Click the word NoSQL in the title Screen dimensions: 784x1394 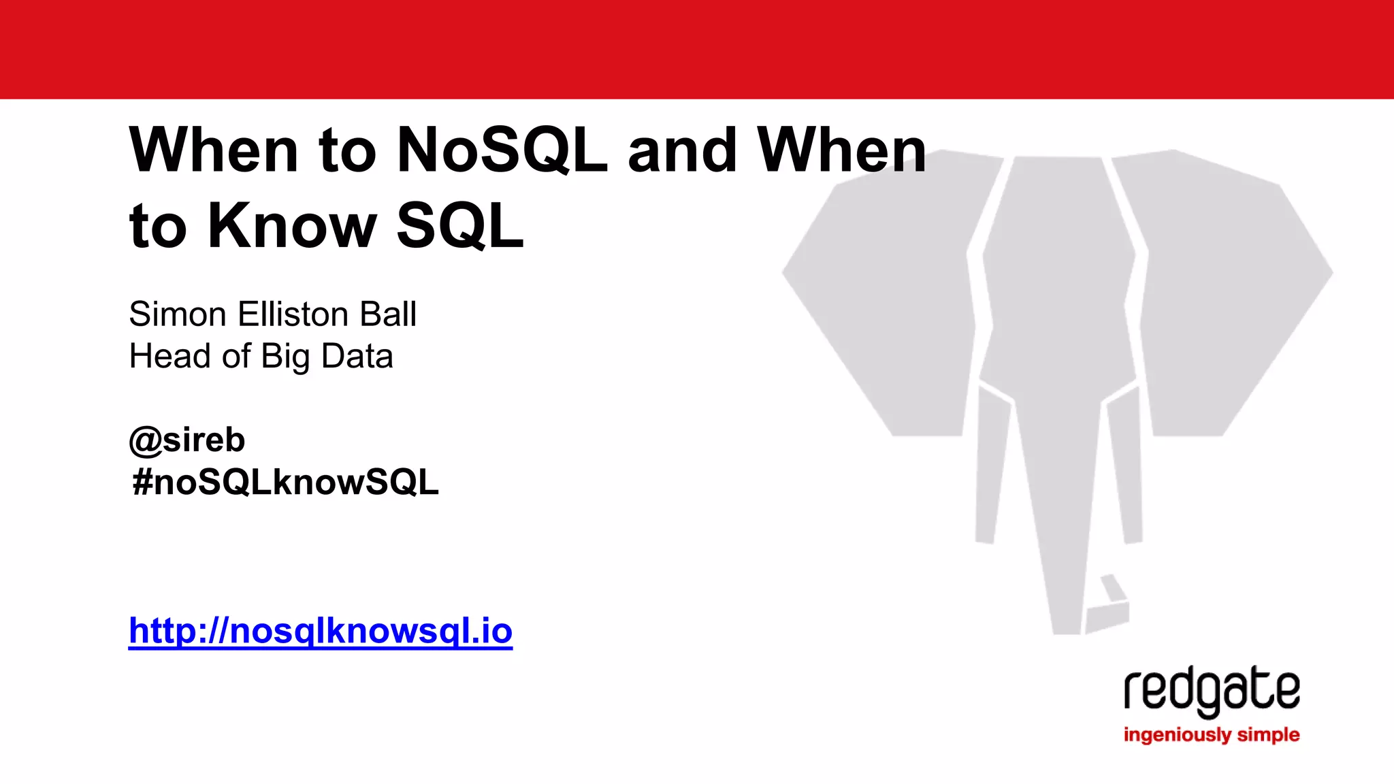[x=502, y=150]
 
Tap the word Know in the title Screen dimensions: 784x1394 [x=292, y=226]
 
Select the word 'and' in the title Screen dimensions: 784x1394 [x=682, y=150]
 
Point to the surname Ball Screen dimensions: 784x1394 [x=387, y=314]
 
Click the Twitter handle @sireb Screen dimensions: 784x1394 [x=187, y=440]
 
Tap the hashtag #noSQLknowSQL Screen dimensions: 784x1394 [x=286, y=483]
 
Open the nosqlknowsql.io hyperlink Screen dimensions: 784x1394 [x=321, y=630]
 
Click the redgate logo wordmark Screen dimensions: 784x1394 [x=1212, y=691]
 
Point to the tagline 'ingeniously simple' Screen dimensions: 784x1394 [x=1212, y=735]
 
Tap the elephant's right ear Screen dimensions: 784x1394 [x=1225, y=293]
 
